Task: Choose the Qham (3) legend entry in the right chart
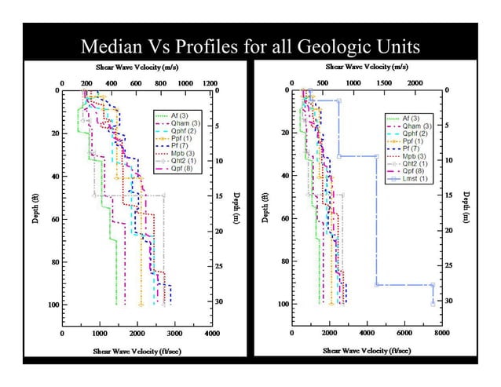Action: (417, 126)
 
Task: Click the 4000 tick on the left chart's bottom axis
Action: (212, 333)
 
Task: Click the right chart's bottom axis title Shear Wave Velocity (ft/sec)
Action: (366, 350)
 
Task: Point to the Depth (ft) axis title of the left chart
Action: (35, 206)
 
